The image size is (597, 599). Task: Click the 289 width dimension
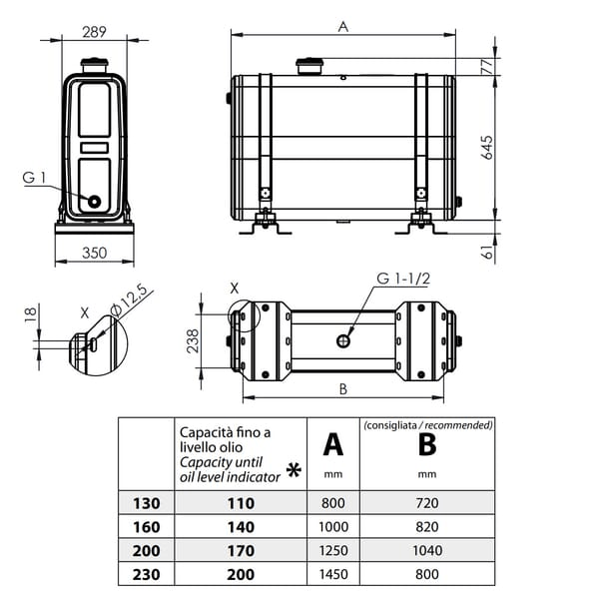coord(94,32)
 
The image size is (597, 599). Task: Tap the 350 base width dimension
coord(95,253)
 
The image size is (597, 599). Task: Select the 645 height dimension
coord(486,147)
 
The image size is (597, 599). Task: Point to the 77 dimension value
coord(487,67)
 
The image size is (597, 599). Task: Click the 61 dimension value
coord(487,252)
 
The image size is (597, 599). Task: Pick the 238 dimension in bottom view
coord(193,340)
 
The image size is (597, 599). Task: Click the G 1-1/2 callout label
coord(403,279)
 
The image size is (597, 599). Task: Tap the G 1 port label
coord(34,178)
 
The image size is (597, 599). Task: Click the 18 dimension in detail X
coord(31,314)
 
